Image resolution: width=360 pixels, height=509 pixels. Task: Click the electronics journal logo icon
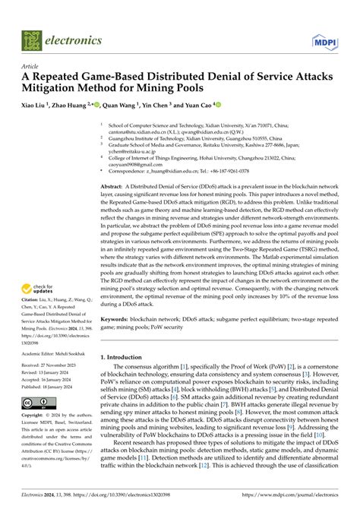[x=30, y=36]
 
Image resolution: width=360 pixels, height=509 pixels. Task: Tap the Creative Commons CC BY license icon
[x=38, y=401]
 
